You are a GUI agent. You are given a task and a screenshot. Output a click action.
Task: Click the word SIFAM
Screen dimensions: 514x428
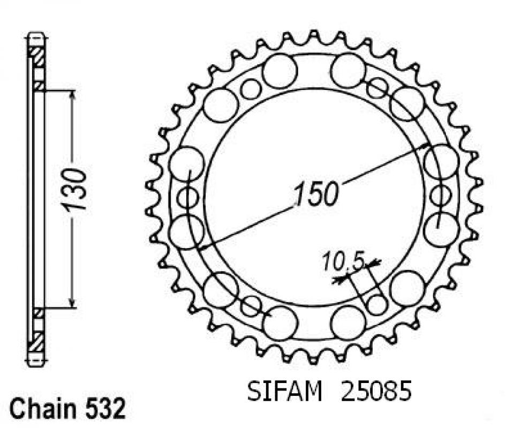coord(284,392)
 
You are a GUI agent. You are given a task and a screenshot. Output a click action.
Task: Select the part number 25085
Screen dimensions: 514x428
coord(376,392)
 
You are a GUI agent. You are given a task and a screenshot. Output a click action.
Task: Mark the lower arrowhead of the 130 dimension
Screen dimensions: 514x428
coord(73,303)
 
